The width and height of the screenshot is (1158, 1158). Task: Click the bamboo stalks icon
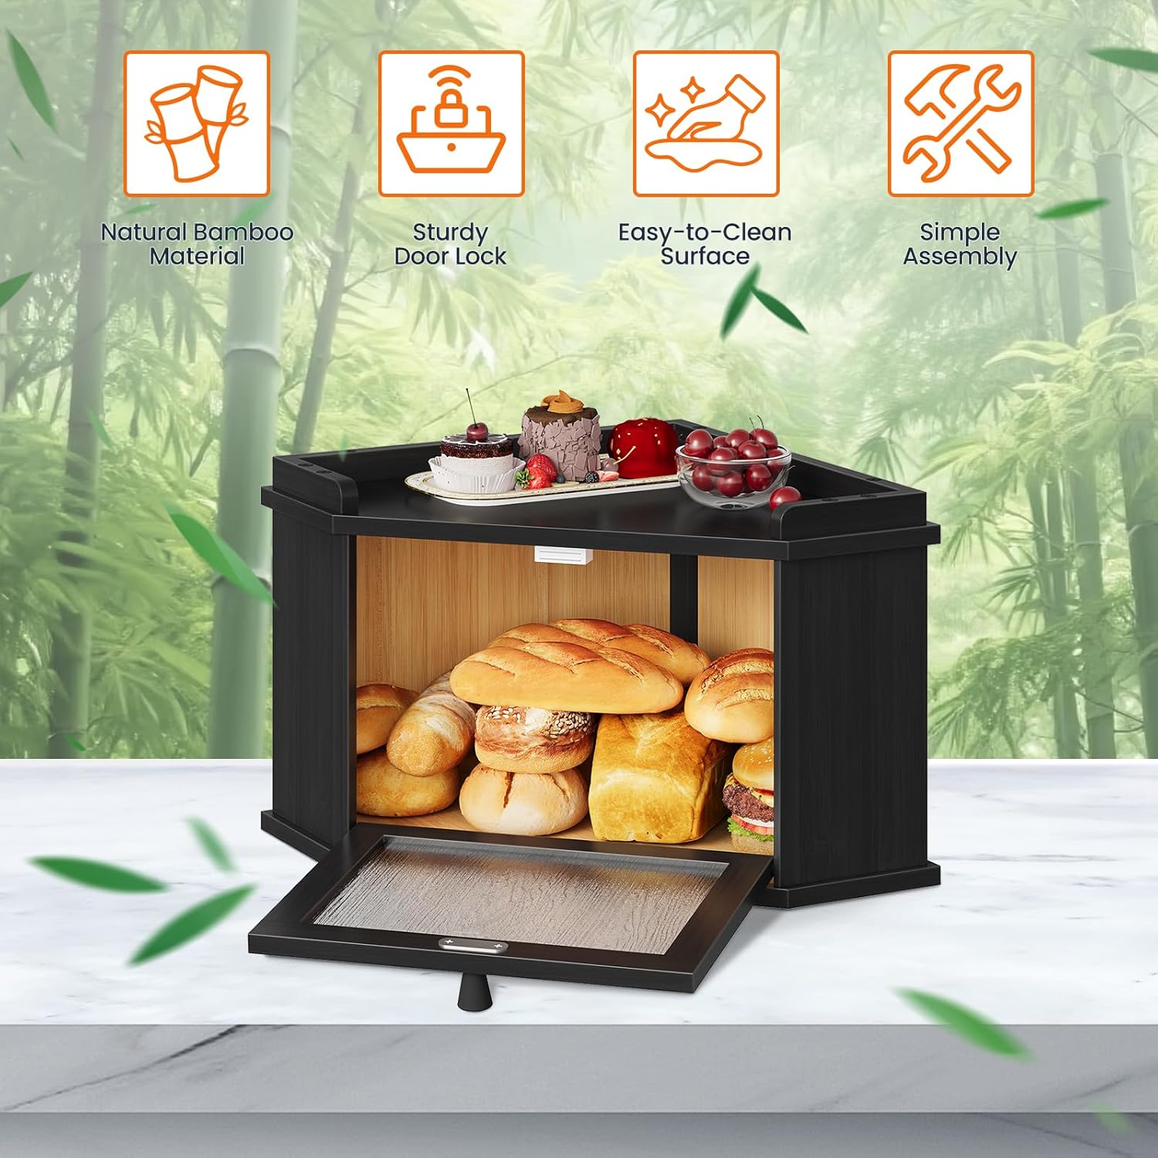coord(197,124)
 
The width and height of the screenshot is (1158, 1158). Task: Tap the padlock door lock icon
coord(451,124)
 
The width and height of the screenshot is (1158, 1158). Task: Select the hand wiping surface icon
coord(706,124)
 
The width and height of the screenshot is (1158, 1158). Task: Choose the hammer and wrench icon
coord(960,124)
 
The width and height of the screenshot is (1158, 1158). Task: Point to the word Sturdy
coord(450,232)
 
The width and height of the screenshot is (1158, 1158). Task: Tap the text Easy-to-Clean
coord(705,232)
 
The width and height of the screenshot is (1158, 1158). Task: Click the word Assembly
coord(960,256)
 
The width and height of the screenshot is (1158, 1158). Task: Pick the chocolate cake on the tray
coord(560,432)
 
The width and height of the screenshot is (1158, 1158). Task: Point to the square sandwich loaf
coord(656,776)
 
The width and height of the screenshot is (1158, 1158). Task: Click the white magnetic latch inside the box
coord(563,555)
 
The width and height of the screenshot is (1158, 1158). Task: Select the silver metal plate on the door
coord(471,945)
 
